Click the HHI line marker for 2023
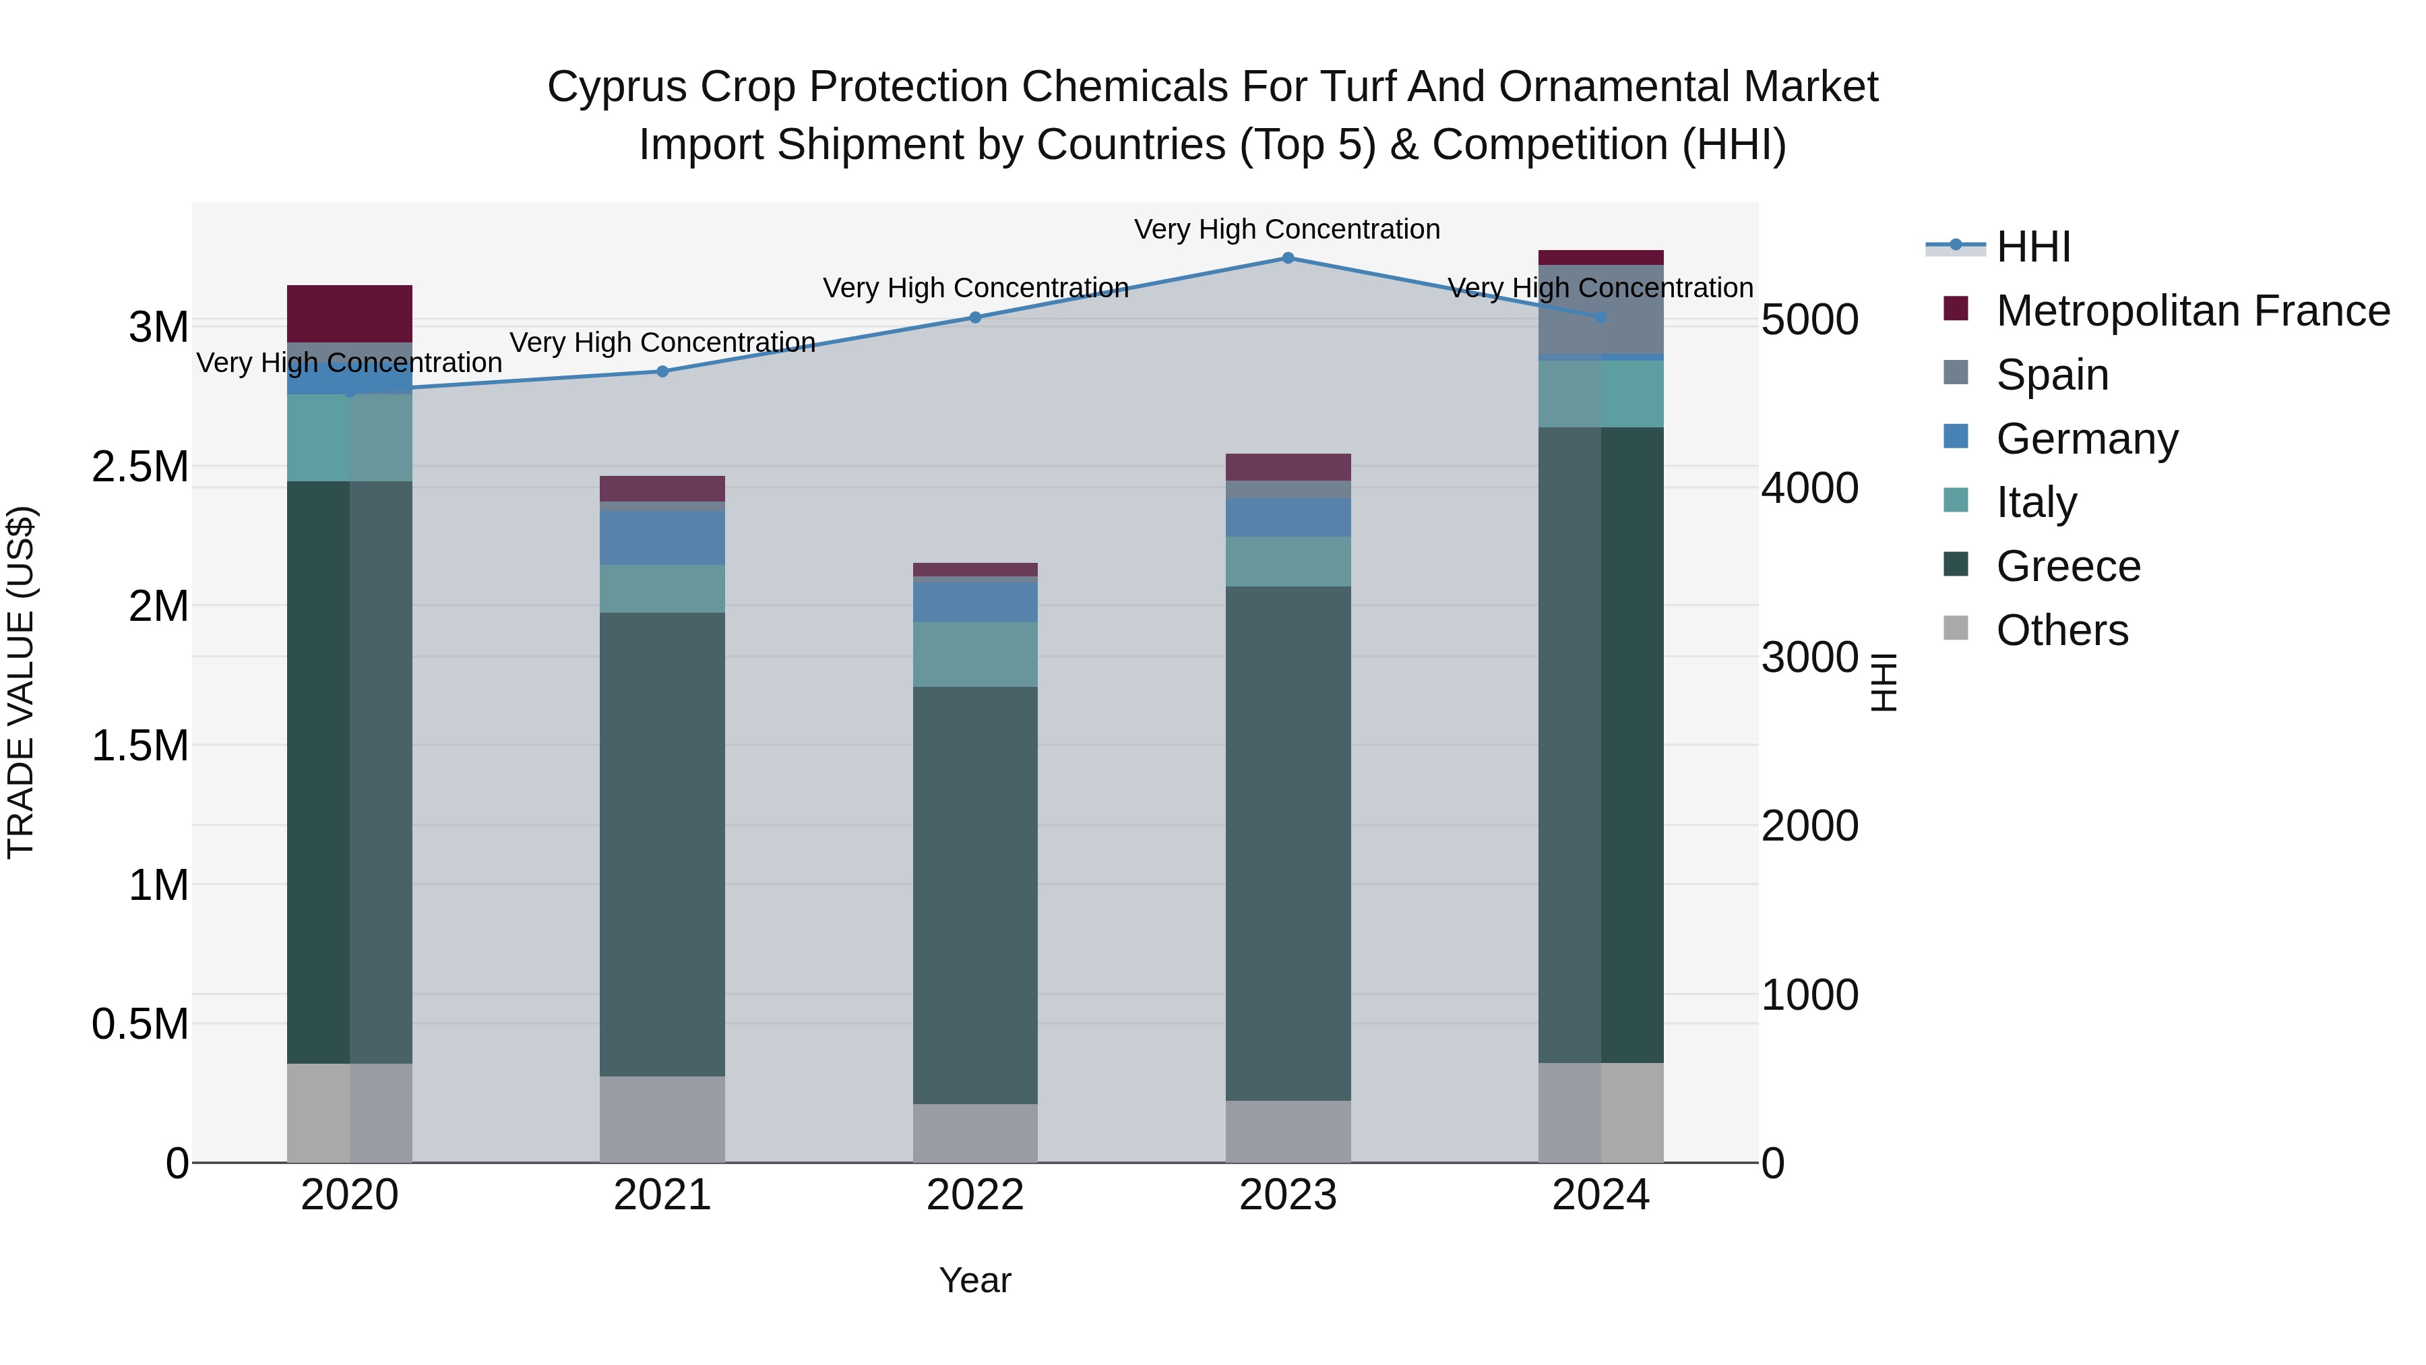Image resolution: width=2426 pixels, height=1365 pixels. pos(1287,257)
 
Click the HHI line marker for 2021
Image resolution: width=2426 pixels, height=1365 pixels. pos(662,371)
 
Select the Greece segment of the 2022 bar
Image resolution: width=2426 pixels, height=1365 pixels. pos(974,895)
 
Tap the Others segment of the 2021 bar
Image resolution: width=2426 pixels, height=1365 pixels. pos(662,1119)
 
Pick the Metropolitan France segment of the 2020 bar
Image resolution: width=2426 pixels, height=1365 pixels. pos(349,313)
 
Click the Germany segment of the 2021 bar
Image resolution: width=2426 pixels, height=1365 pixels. pos(662,538)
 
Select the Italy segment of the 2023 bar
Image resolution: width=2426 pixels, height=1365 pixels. pos(1287,562)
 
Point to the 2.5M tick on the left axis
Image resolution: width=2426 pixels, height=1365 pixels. pos(139,467)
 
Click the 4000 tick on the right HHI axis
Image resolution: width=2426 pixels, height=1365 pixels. pos(1809,488)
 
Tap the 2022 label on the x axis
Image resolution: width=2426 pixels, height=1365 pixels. pos(974,1195)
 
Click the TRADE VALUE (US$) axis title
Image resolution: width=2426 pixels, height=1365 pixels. pos(21,682)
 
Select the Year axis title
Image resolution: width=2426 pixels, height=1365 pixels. pos(974,1280)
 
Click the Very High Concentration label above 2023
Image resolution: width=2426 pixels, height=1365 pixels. pos(1286,229)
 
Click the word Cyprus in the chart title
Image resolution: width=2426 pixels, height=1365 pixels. pos(604,87)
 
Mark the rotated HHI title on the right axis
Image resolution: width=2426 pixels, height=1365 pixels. pos(1883,682)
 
